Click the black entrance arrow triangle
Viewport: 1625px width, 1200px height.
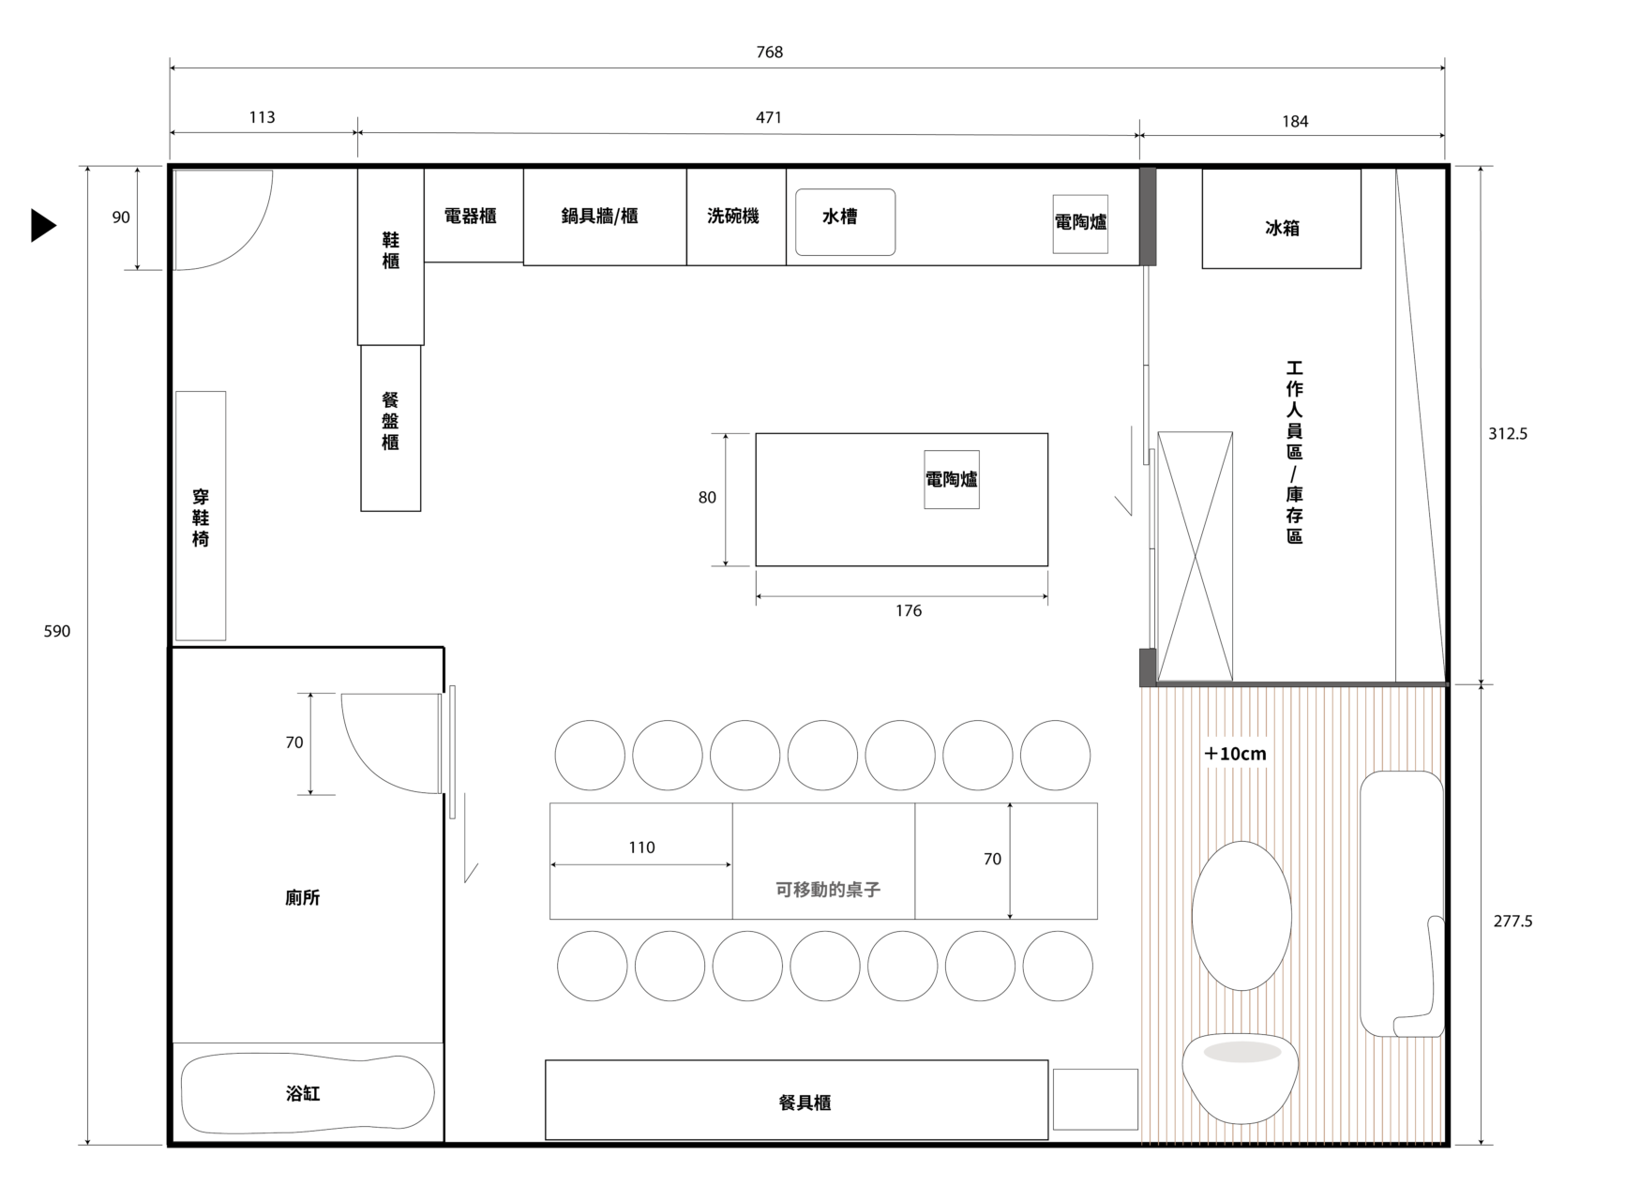(x=42, y=225)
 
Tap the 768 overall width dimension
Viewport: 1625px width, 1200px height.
(x=769, y=52)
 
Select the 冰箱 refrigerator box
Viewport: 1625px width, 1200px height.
(x=1281, y=218)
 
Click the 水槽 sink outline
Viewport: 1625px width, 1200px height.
(x=845, y=222)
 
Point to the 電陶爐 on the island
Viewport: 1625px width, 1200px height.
(x=952, y=479)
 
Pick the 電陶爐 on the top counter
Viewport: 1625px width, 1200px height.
(x=1080, y=223)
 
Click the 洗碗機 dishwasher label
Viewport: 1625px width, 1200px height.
(x=733, y=217)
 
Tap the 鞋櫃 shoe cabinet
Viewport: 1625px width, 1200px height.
(x=390, y=257)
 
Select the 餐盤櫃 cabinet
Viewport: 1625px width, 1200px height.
(x=391, y=428)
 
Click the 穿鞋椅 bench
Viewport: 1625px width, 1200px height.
(x=201, y=516)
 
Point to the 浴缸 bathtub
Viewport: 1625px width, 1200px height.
(x=308, y=1093)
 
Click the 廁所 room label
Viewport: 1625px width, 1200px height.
(x=303, y=898)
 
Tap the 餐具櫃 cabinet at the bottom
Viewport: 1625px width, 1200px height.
(x=796, y=1100)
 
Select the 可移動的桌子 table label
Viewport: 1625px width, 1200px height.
(x=828, y=890)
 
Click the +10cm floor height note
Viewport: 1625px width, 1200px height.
(x=1235, y=754)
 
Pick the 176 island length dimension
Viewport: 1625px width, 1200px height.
(x=908, y=611)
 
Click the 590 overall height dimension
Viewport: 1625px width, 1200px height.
(x=57, y=632)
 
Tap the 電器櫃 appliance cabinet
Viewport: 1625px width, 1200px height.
(x=471, y=216)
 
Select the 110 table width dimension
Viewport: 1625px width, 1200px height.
(x=641, y=847)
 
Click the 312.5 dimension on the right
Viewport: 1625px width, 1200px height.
(x=1508, y=434)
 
